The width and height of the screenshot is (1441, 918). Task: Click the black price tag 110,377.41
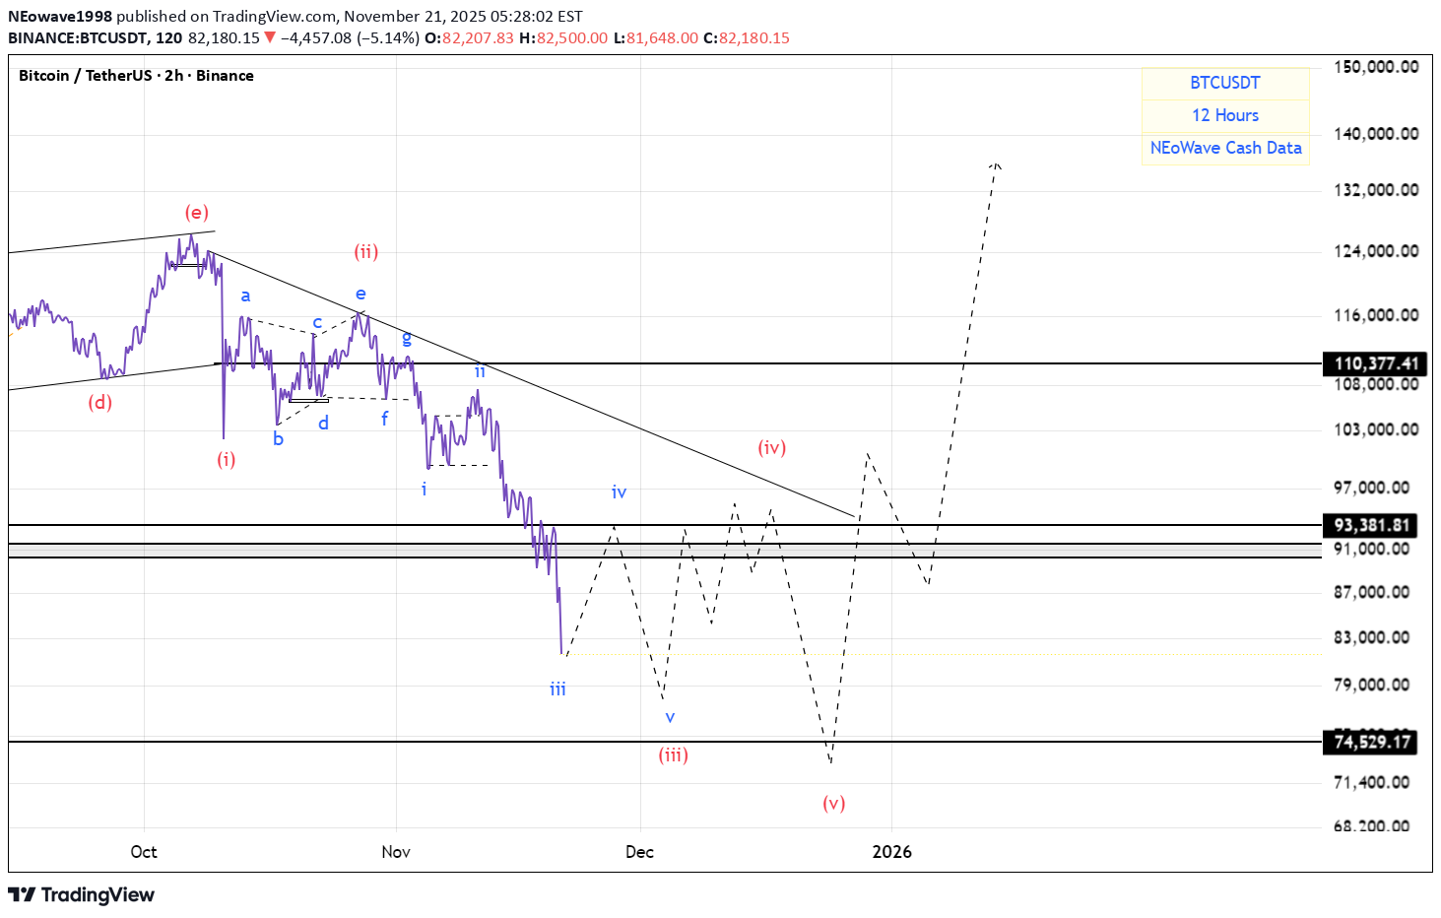click(1375, 363)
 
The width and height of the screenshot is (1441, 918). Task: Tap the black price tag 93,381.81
click(1373, 525)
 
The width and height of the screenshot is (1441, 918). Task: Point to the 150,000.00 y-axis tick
click(1376, 67)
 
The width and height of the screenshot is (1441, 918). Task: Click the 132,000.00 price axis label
click(1376, 190)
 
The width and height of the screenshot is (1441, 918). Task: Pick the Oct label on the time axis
click(144, 852)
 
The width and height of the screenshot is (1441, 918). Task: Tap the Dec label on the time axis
click(639, 852)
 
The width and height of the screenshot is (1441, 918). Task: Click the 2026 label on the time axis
click(892, 852)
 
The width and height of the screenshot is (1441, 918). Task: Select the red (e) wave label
click(197, 213)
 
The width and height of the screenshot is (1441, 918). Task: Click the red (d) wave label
click(99, 402)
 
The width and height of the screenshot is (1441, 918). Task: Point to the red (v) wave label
click(834, 803)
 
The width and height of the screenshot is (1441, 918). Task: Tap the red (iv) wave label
click(772, 448)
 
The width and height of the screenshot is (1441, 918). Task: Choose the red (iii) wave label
click(674, 755)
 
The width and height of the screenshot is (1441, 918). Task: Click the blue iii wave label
click(558, 689)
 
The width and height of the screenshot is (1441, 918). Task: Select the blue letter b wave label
click(279, 439)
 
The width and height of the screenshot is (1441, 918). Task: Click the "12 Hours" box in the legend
click(1225, 115)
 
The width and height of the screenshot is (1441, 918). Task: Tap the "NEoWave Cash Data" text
click(1225, 148)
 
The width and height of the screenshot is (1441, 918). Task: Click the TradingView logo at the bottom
click(82, 894)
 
